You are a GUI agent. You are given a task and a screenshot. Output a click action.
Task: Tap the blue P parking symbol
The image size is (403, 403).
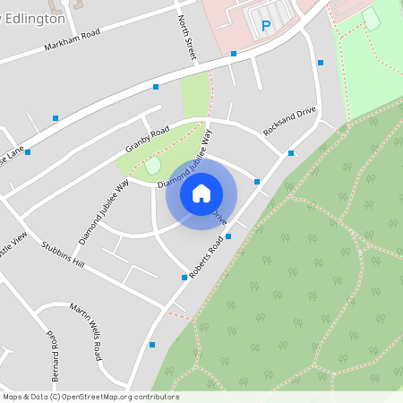(x=265, y=27)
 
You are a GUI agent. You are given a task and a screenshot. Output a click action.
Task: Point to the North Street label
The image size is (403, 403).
(x=187, y=39)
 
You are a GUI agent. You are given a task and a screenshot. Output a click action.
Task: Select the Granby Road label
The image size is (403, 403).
(x=147, y=139)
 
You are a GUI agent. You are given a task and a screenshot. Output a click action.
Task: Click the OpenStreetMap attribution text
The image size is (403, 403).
(x=90, y=397)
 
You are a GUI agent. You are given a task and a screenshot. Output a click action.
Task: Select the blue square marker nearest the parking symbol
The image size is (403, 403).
(x=234, y=54)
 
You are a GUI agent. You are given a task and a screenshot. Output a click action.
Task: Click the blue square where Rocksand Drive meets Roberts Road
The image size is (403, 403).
(x=291, y=153)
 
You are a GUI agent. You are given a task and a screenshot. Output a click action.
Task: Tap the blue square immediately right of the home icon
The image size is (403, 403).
(x=257, y=182)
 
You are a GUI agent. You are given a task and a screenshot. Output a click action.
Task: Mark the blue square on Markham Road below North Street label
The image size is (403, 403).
(x=156, y=87)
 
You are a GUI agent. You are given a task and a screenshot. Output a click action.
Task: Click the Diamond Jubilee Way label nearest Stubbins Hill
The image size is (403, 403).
(x=104, y=211)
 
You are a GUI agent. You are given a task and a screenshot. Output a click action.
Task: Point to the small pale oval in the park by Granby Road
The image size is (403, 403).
(x=152, y=165)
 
